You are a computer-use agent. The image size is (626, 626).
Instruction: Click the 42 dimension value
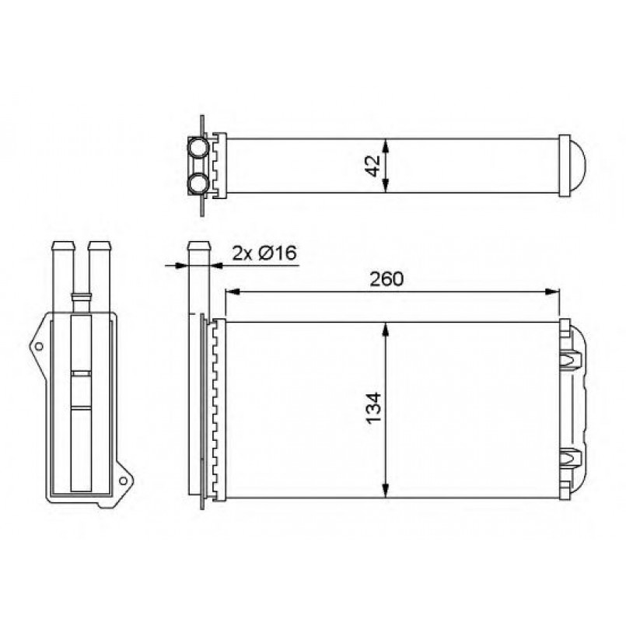[374, 166]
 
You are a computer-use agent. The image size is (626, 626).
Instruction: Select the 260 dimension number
[386, 279]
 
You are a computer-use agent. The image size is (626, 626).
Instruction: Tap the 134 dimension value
[374, 408]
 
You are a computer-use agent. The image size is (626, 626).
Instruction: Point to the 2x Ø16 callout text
[264, 253]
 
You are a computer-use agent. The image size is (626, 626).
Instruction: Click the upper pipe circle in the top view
[198, 147]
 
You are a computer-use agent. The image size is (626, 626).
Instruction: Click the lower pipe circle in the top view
[198, 184]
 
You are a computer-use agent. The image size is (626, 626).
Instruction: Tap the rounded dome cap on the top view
[578, 166]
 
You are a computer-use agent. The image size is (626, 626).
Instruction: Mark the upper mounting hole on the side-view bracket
[39, 346]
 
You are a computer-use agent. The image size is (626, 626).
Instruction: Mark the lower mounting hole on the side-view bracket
[124, 481]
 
